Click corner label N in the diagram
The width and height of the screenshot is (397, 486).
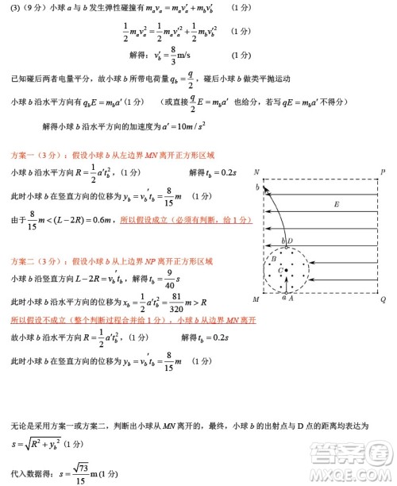click(x=256, y=172)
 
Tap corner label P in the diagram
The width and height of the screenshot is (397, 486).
click(x=383, y=172)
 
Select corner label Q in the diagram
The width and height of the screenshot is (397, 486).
click(x=383, y=299)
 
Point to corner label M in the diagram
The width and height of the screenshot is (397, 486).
click(x=256, y=299)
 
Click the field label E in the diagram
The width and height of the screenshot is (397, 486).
click(x=336, y=205)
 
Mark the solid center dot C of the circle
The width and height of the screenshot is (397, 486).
click(x=286, y=270)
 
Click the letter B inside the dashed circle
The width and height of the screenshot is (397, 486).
click(x=274, y=259)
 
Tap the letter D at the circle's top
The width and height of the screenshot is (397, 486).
click(x=290, y=241)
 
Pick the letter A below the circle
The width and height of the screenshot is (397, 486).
click(x=291, y=299)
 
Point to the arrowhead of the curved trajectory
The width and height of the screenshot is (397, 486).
click(x=264, y=187)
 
